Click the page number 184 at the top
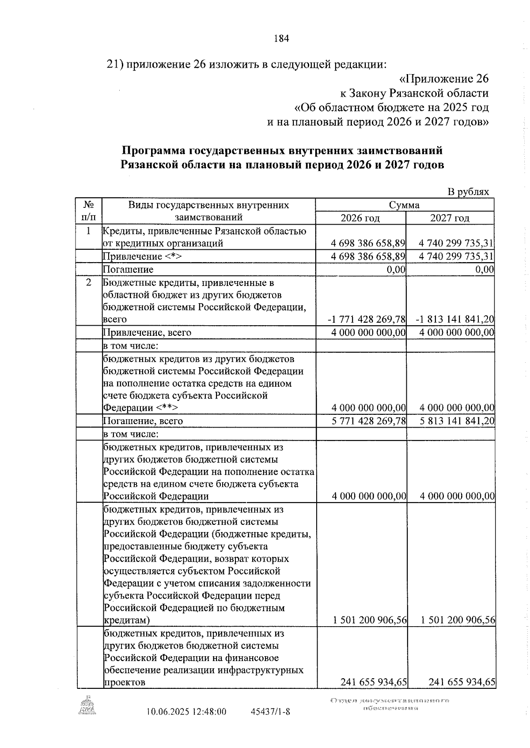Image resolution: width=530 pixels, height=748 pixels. pos(281,38)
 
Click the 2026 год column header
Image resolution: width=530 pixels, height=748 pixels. pos(360,218)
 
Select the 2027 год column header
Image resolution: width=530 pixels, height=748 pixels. pos(450,218)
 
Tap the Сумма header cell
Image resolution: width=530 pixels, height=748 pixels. pos(404,205)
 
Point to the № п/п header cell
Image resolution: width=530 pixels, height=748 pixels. pos(89,211)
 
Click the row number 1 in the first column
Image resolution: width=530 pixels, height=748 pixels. pos(89,231)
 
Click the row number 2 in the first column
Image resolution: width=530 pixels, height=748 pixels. pos(89,282)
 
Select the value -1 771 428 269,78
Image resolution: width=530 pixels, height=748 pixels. pos(367,319)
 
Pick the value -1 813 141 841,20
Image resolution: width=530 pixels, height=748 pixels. pos(455,319)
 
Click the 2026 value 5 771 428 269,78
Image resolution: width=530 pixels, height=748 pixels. pos(368,421)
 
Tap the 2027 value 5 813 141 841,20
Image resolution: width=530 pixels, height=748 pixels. pos(457,421)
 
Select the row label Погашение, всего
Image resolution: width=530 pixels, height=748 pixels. pos(143,421)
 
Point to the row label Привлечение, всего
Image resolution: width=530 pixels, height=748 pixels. pos(147,332)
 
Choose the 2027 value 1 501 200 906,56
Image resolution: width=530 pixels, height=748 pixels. pos(458,620)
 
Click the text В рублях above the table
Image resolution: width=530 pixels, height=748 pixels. pos(469,192)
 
